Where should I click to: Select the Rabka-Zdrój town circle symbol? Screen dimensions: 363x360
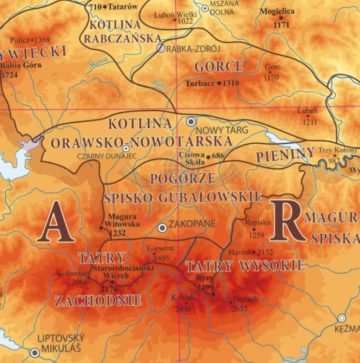click(161, 48)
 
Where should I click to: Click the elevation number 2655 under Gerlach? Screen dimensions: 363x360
click(240, 308)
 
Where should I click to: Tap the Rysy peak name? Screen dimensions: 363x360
click(205, 278)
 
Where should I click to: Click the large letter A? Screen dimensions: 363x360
click(56, 222)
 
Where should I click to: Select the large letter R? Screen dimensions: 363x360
click(287, 221)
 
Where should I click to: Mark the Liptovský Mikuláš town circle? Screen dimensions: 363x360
click(34, 352)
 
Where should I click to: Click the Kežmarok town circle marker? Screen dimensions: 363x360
click(342, 318)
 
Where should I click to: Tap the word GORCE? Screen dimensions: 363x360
click(218, 66)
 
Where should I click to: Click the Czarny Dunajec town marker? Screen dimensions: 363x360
click(126, 149)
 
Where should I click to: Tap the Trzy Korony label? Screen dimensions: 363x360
click(337, 150)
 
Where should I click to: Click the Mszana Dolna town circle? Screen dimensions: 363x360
click(205, 8)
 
